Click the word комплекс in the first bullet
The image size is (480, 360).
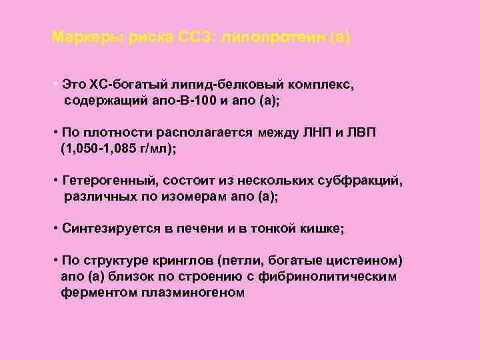point(325,85)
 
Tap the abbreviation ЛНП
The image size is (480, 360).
point(314,133)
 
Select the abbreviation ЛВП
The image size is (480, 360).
point(361,133)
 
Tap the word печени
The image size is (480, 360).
point(201,229)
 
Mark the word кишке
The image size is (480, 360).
point(321,229)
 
